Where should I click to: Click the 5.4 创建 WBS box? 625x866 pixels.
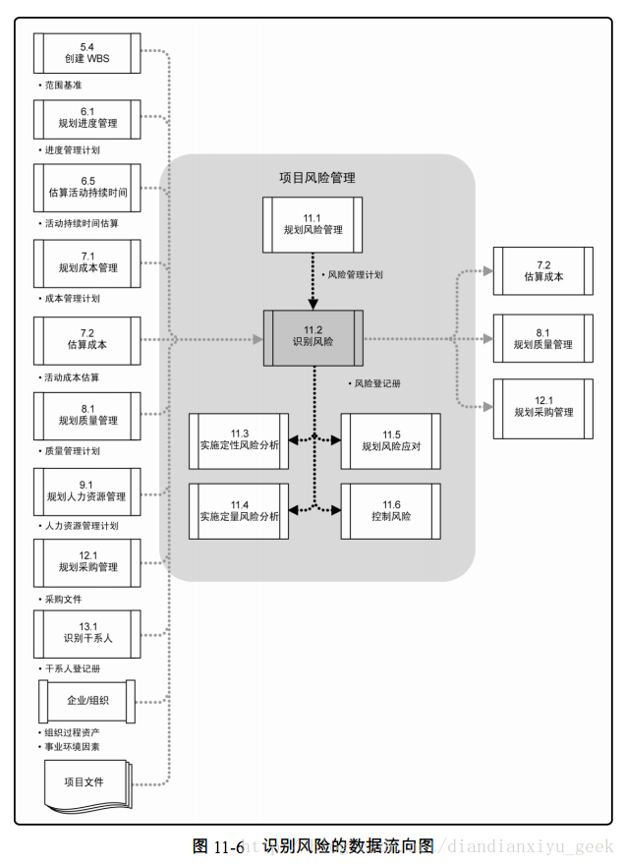click(87, 53)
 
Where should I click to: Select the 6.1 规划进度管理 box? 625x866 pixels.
click(87, 118)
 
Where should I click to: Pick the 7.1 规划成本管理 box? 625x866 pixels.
click(87, 261)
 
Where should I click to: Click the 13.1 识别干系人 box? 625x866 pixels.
click(87, 632)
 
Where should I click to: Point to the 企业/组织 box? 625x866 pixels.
click(87, 701)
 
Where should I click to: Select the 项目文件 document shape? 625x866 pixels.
click(87, 783)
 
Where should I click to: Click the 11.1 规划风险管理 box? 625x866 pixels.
click(312, 224)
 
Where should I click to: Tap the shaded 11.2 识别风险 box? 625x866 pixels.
click(312, 338)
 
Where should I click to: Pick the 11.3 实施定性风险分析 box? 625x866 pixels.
click(239, 440)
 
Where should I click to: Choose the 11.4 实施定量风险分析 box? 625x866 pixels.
click(239, 510)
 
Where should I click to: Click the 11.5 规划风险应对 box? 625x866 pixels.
click(390, 440)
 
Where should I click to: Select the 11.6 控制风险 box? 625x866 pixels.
click(390, 510)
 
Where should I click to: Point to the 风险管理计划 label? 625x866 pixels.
click(355, 275)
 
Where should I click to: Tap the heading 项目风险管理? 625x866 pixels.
click(317, 178)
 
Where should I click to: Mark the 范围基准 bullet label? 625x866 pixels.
click(62, 86)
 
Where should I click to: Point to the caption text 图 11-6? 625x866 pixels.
click(218, 846)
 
